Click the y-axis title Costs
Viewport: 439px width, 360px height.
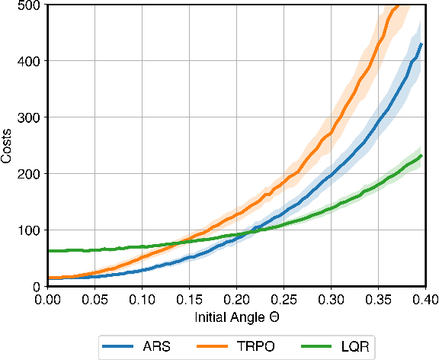click(x=7, y=144)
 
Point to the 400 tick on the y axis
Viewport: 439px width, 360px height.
click(x=32, y=60)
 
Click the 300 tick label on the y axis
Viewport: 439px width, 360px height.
click(x=32, y=117)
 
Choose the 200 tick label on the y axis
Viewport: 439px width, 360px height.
click(x=32, y=173)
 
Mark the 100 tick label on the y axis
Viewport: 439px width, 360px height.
click(x=32, y=230)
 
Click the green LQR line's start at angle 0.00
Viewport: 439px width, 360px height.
click(x=48, y=251)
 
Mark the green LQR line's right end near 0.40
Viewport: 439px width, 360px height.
click(x=421, y=156)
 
